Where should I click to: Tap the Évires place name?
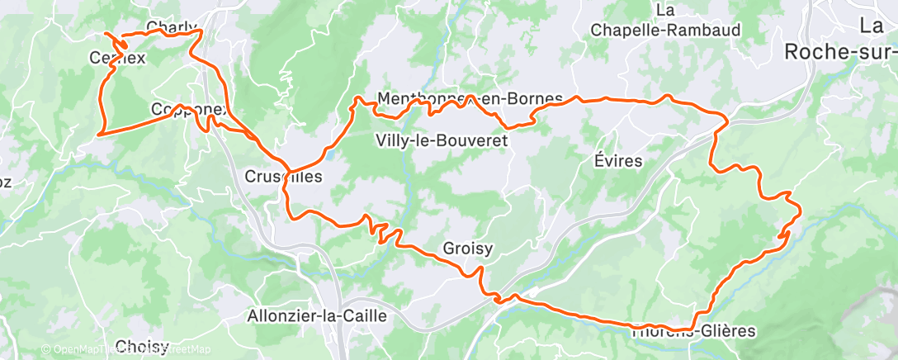click(618, 161)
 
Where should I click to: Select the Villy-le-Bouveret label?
click(441, 140)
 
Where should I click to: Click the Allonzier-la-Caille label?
click(317, 315)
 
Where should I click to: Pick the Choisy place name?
click(143, 346)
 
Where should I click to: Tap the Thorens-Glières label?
click(693, 331)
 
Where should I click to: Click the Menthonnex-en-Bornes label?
click(470, 98)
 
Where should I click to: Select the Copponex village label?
click(190, 109)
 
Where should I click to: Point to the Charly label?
click(172, 26)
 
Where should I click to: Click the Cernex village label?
click(116, 58)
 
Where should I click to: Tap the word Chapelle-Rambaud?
click(665, 30)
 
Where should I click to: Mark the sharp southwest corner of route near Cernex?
click(98, 133)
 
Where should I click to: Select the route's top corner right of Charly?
click(201, 31)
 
